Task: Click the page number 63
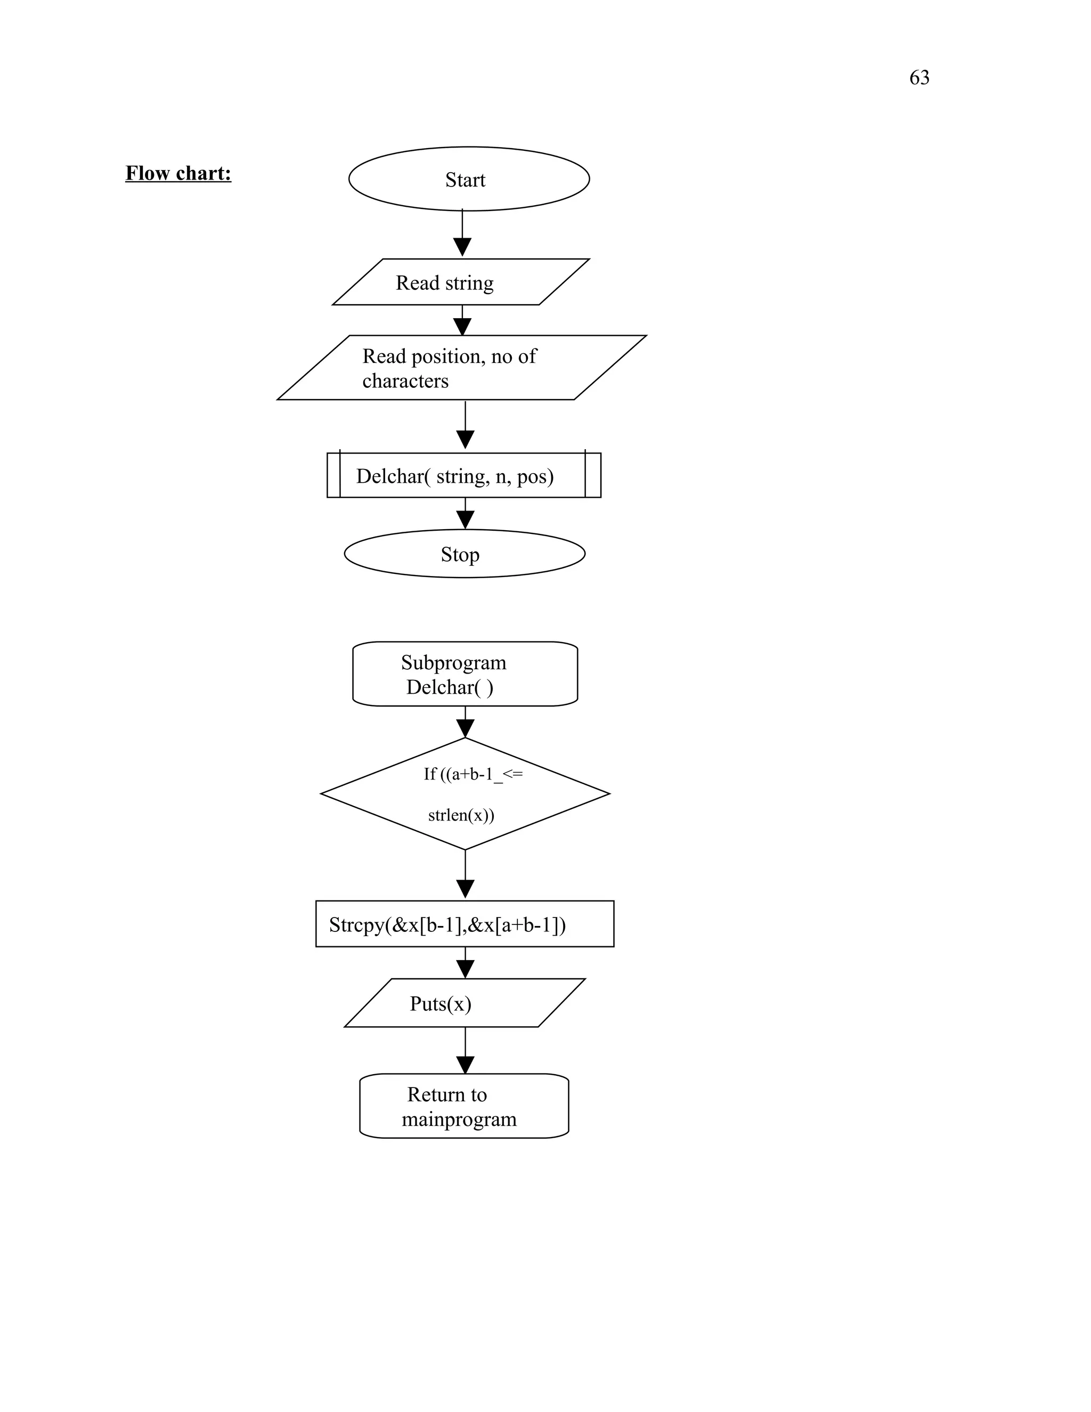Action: (x=918, y=78)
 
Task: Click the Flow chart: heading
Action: (x=178, y=173)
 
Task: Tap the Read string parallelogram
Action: (x=460, y=282)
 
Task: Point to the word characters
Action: (x=405, y=381)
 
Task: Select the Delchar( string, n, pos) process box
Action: (x=463, y=476)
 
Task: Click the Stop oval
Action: (x=463, y=554)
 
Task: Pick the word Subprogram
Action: (x=453, y=663)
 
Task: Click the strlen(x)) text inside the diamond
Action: (x=461, y=815)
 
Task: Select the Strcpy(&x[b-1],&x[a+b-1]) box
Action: (x=464, y=924)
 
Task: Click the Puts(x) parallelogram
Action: (x=463, y=1003)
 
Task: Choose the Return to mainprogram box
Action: (x=463, y=1106)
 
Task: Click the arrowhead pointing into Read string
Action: (x=461, y=248)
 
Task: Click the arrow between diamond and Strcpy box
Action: (x=465, y=873)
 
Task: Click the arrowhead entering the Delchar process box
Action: (x=465, y=440)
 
